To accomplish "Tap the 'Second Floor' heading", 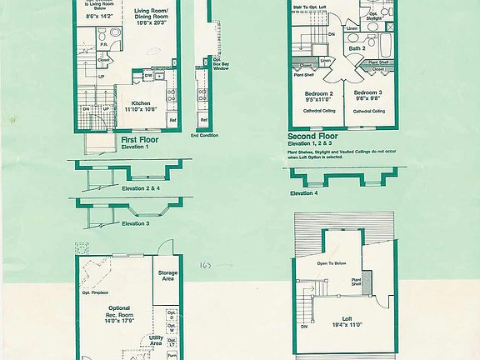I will point(313,136).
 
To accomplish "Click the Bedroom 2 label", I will point(318,93).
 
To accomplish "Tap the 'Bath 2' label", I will point(357,48).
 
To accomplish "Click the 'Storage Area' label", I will point(167,276).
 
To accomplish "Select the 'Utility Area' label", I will point(150,339).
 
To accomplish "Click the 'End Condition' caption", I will point(203,134).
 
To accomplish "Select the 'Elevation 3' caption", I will point(136,223).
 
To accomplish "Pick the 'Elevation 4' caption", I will point(303,193).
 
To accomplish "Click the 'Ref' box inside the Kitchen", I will point(172,120).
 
